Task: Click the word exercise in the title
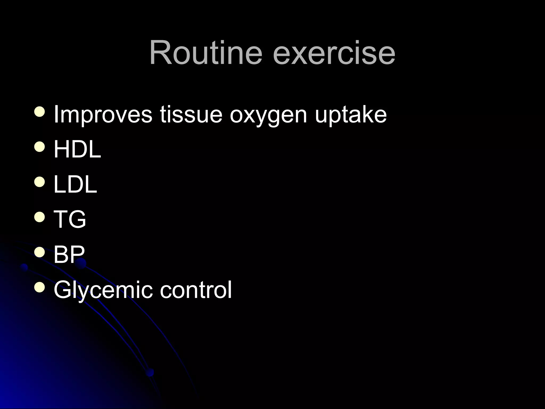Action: coord(334,52)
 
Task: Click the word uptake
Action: coord(351,115)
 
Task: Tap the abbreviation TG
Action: coord(70,219)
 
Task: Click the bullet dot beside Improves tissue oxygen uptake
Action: coord(40,112)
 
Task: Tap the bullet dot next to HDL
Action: coord(40,146)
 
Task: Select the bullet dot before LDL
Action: coord(40,182)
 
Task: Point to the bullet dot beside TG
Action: coord(40,216)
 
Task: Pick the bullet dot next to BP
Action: coord(40,252)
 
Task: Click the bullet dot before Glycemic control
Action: coord(40,287)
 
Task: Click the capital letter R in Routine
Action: coord(161,52)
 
